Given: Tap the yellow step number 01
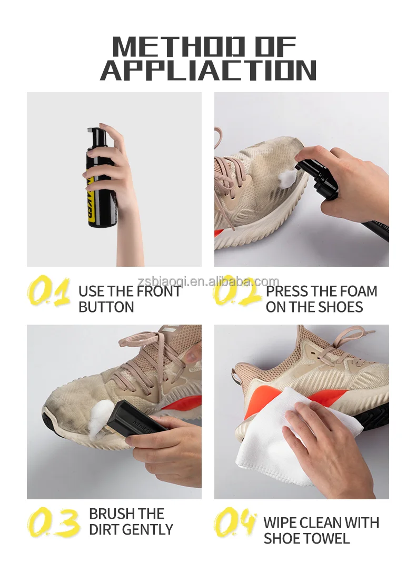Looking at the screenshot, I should [48, 292].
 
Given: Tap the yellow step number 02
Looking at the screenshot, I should [236, 292].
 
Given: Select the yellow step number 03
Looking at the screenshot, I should [53, 523].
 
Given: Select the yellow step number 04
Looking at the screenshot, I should [235, 523].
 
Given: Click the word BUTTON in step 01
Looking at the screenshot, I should [106, 307].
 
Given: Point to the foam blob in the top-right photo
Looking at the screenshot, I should [287, 177].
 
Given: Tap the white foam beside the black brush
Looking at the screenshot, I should [101, 418].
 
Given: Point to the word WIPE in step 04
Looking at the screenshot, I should [281, 523].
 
